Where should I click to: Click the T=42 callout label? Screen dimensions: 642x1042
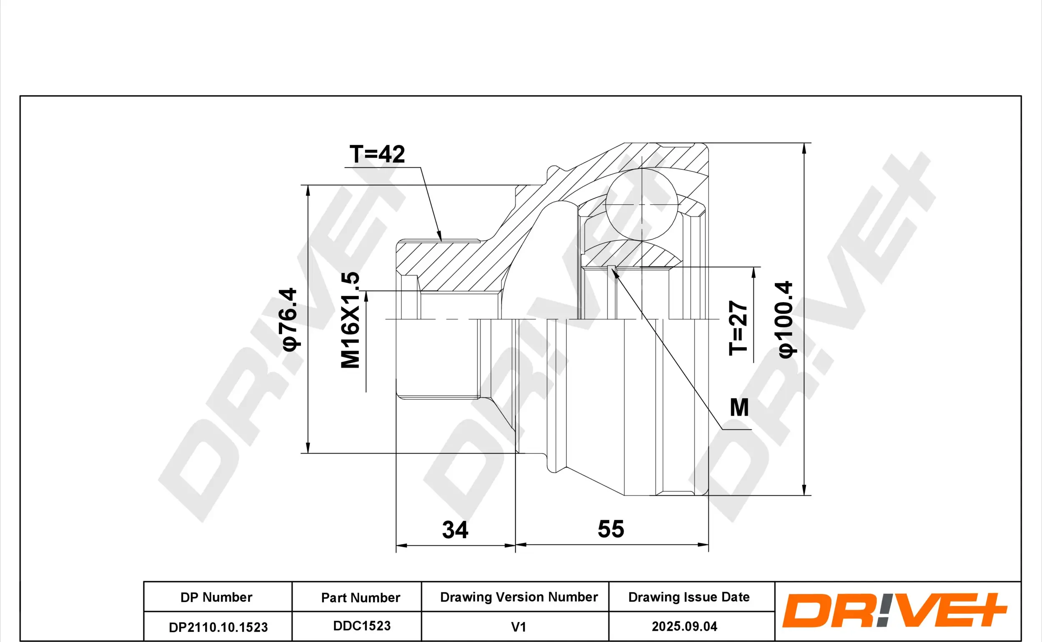coord(377,154)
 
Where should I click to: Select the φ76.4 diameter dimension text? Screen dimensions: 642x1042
coord(290,319)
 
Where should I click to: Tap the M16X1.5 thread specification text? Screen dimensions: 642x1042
coord(351,320)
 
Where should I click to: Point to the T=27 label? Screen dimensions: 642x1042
coord(738,328)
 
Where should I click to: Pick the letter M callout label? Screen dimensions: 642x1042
coord(739,408)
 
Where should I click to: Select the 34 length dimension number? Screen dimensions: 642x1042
coord(455,530)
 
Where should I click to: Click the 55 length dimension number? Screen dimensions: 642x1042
coord(611,529)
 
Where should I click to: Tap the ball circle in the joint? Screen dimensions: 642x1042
coord(642,205)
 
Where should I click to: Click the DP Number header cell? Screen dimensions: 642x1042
coord(216,597)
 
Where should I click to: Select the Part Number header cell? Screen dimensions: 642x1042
coord(361,598)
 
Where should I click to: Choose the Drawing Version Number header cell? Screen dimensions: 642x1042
coord(518,597)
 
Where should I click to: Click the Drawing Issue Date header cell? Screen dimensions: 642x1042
coord(689,597)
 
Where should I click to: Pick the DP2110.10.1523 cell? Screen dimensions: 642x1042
coord(218,627)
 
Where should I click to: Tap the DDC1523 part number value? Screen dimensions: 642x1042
coord(362,626)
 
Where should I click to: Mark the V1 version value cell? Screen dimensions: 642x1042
coord(518,627)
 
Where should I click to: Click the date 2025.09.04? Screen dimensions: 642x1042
coord(684,626)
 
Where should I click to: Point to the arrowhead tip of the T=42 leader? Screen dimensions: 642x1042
coord(441,241)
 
